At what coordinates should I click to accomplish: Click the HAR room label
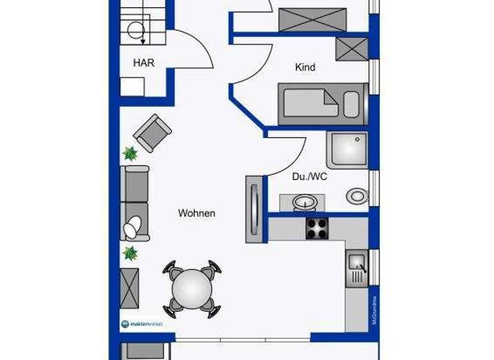click(x=143, y=63)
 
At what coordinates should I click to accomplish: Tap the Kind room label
click(x=306, y=67)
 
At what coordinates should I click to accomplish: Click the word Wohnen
click(x=197, y=213)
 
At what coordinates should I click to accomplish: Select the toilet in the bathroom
click(x=355, y=195)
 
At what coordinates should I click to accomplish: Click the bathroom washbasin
click(x=304, y=204)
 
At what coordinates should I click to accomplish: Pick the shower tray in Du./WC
click(x=347, y=150)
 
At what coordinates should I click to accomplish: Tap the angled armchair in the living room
click(x=152, y=133)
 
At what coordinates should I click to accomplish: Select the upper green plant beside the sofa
click(x=131, y=154)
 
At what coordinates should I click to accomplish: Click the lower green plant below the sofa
click(x=131, y=253)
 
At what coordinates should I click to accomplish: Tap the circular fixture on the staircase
click(x=136, y=30)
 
